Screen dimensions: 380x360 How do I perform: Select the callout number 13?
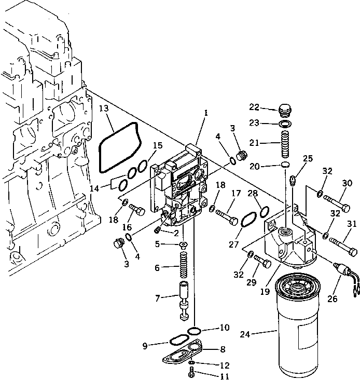click(104, 108)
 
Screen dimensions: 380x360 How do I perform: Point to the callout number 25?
click(308, 158)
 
